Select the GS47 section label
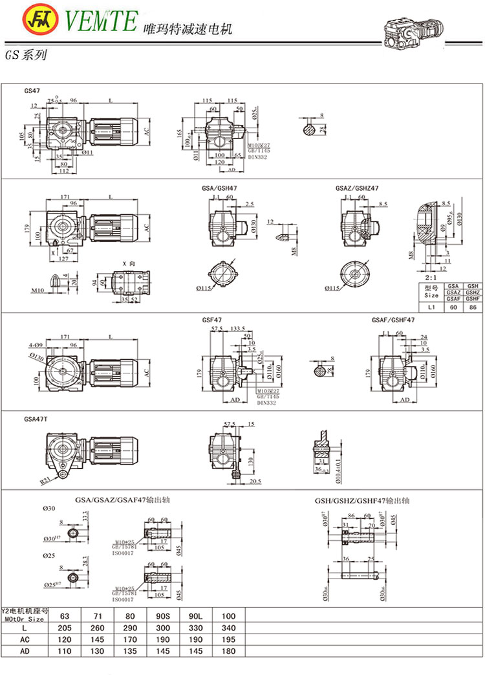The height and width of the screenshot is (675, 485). coord(32,91)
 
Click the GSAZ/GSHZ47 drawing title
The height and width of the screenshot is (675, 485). coord(357,188)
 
